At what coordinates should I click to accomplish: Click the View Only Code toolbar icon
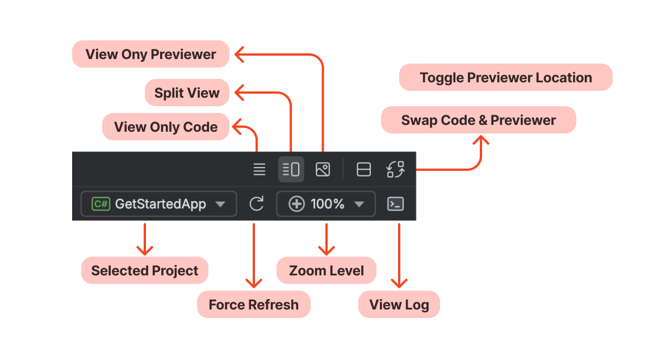(x=260, y=169)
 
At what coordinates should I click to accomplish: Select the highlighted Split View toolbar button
(x=291, y=169)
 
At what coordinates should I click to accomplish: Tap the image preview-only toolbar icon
(x=323, y=169)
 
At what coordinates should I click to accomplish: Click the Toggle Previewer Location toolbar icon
(x=363, y=169)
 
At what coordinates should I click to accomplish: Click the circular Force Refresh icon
(x=257, y=204)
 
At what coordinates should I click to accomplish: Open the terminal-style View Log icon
(x=395, y=204)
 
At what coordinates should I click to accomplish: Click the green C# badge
(x=101, y=204)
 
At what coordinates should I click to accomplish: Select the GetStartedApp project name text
(x=160, y=204)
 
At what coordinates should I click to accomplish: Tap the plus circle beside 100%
(x=296, y=204)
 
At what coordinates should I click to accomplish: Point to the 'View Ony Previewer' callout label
(x=150, y=55)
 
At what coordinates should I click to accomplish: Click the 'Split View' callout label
(x=187, y=93)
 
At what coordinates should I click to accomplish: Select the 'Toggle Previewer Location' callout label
(x=505, y=78)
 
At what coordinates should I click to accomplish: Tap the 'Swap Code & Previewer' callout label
(x=478, y=120)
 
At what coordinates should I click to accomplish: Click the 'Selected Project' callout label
(x=145, y=270)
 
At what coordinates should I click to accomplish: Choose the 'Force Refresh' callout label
(x=253, y=304)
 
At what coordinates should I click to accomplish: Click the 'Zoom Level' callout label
(x=327, y=270)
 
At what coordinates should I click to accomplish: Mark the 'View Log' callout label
(x=399, y=304)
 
